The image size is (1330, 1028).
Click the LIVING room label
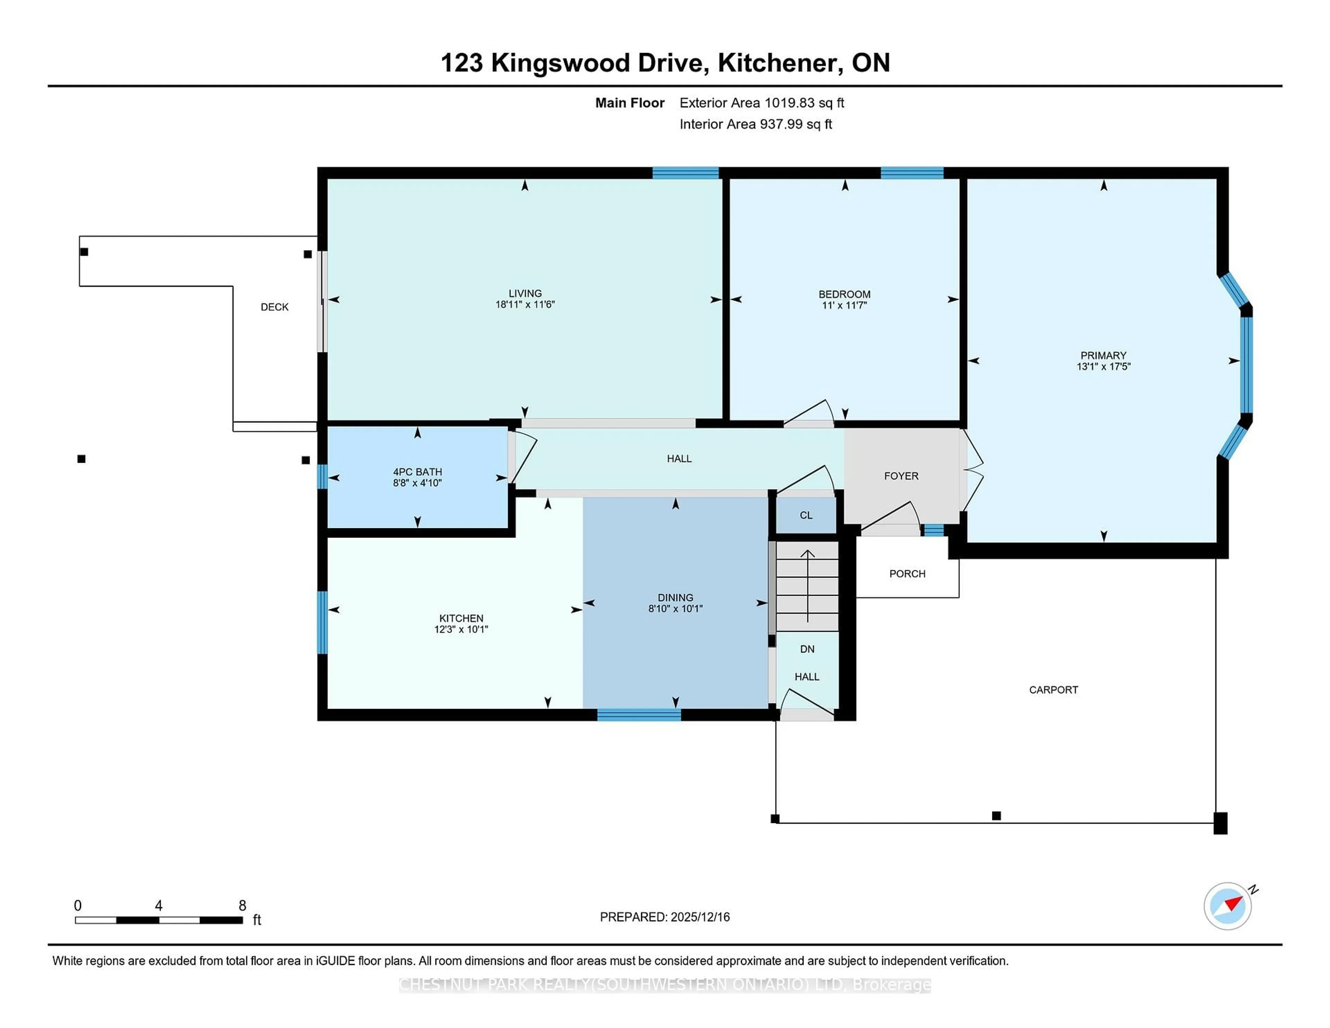coord(525,293)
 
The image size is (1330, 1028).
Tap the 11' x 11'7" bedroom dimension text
coord(844,305)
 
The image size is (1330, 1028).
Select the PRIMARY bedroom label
coord(1103,355)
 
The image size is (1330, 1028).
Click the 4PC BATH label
coord(417,471)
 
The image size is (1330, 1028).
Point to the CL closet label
coord(806,515)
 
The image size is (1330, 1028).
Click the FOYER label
coord(901,476)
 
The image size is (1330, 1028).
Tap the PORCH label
coord(907,574)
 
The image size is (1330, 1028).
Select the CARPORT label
coord(1053,689)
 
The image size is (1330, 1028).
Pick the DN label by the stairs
coord(807,649)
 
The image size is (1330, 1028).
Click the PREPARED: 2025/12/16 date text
coord(664,916)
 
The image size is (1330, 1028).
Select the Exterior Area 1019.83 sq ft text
coord(761,103)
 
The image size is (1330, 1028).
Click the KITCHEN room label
coord(461,618)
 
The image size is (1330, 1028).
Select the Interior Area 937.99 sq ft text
coord(755,124)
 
